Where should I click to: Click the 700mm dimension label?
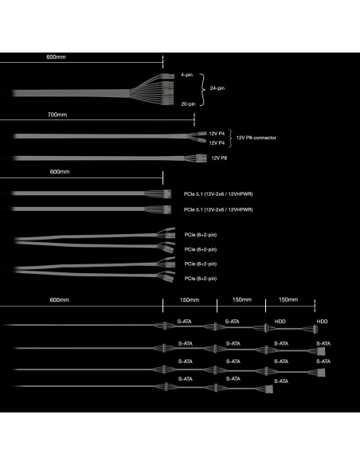57,115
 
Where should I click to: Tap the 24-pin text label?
217,88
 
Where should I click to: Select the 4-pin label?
187,75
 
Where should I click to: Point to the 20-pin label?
188,104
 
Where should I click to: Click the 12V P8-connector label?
256,138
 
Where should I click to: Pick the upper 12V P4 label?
217,134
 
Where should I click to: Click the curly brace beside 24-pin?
202,89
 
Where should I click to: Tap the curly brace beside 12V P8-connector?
230,138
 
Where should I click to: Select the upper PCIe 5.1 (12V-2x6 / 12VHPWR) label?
218,194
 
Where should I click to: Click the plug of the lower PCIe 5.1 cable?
167,209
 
